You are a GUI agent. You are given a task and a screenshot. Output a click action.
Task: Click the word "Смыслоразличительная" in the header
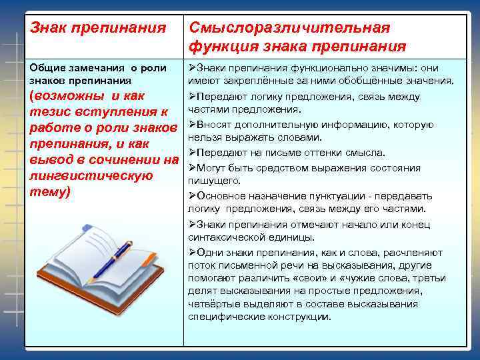coord(289,29)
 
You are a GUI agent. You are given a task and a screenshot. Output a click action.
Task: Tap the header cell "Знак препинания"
coord(99,29)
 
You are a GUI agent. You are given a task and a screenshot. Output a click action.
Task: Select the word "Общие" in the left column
coord(49,68)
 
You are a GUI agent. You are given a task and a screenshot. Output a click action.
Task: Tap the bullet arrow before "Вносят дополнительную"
coord(192,125)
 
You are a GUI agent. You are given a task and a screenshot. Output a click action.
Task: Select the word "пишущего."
coord(213,180)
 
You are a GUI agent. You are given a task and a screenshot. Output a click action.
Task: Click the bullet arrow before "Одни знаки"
coord(192,252)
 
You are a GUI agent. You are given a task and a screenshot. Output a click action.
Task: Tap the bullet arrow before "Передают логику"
coord(192,97)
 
